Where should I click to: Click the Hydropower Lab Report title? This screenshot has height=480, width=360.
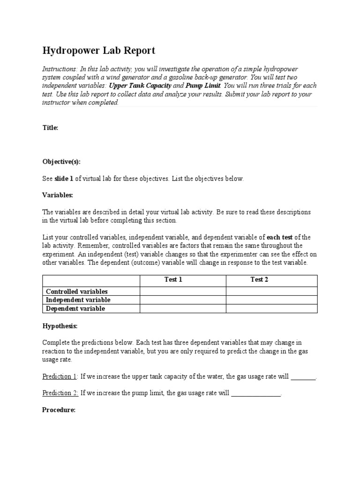pos(98,51)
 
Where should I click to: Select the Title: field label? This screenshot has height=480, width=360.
pos(50,127)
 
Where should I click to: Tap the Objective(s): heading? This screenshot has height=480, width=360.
pos(61,162)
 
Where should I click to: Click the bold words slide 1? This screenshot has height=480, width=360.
pos(65,179)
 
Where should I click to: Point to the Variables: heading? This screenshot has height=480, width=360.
pos(58,195)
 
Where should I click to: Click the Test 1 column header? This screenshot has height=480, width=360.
pos(173,280)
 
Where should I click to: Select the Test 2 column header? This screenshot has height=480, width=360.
pos(259,280)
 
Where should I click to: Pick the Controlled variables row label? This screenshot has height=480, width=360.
pos(76,292)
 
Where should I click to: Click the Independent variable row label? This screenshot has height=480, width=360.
pos(78,300)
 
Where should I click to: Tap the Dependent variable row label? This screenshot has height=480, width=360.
pos(75,308)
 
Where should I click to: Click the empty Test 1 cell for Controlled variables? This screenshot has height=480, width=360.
pos(183,292)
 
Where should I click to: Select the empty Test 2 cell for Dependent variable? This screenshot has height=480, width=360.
pos(271,308)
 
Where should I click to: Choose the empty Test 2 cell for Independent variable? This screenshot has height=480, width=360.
pos(271,300)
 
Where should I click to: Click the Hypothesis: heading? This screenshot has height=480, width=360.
pos(60,326)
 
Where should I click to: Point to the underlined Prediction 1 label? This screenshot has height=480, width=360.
pos(60,376)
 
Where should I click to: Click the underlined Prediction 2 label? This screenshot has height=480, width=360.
pos(60,393)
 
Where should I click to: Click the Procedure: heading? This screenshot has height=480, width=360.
pos(59,410)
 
